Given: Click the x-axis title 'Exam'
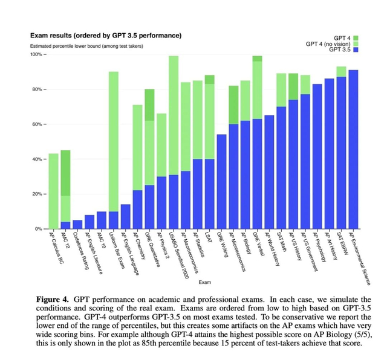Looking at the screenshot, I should [206, 283].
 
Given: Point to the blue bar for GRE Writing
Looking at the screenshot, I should [221, 182].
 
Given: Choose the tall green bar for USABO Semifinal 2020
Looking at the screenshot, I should [174, 115].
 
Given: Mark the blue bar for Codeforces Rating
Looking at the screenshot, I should [77, 225].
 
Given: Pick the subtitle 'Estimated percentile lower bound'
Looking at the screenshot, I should [79, 46].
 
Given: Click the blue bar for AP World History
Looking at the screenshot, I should [269, 172].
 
